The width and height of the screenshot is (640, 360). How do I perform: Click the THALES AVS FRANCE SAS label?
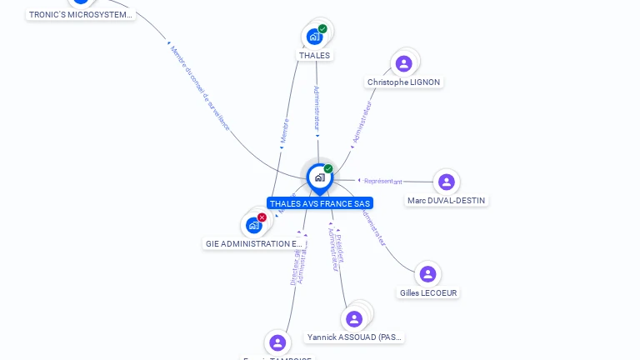(320, 203)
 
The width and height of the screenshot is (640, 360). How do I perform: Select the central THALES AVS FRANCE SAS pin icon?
(319, 177)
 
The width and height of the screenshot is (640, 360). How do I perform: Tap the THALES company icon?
(314, 36)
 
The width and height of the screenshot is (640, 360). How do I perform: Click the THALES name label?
(314, 56)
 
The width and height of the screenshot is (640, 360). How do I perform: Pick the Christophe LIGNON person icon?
(404, 63)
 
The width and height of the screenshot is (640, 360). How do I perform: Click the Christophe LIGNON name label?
(404, 82)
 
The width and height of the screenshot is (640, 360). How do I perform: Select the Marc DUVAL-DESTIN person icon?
(447, 182)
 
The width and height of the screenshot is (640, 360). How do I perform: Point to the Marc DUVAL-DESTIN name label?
(447, 201)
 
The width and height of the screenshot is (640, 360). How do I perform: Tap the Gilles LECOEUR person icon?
(428, 274)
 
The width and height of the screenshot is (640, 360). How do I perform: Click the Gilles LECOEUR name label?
(428, 293)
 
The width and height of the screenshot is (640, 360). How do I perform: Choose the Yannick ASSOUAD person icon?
(354, 318)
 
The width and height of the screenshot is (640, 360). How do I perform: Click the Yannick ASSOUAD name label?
(355, 337)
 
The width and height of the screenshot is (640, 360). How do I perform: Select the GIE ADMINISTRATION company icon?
(254, 225)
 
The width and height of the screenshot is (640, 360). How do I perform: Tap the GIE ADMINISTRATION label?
(254, 244)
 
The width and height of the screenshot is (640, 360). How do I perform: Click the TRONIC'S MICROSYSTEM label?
(81, 15)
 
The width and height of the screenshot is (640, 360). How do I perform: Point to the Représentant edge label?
(383, 181)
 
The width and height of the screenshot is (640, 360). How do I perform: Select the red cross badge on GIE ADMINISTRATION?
(262, 217)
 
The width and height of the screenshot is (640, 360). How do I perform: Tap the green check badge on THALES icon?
(322, 29)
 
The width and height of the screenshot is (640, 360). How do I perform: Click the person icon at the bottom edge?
(277, 342)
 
